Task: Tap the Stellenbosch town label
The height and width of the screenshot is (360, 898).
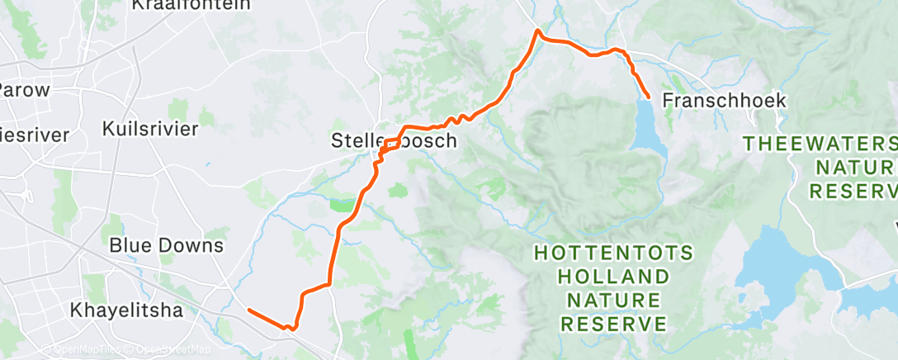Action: [394, 140]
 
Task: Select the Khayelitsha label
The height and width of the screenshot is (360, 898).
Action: [124, 311]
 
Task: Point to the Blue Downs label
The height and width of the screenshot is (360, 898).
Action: [166, 246]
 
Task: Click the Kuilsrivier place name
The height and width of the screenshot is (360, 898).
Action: [150, 129]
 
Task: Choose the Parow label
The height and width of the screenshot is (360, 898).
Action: [25, 90]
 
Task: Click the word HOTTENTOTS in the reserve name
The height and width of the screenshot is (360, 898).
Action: [613, 252]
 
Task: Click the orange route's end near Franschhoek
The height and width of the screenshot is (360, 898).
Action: [648, 97]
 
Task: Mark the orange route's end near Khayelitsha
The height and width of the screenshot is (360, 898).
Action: [249, 310]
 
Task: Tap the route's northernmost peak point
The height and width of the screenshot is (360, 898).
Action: [538, 31]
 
